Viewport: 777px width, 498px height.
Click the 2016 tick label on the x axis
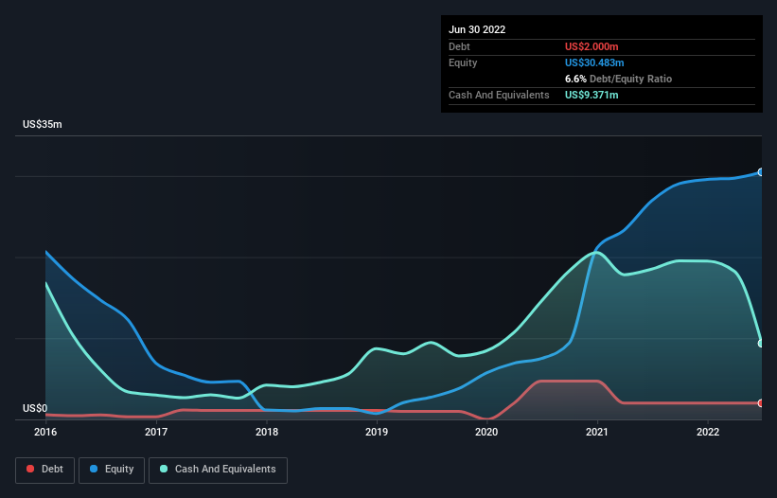tap(45, 432)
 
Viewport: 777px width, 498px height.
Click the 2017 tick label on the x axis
tap(156, 432)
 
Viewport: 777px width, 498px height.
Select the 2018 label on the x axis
tap(267, 432)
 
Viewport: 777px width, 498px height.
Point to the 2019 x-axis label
tap(377, 432)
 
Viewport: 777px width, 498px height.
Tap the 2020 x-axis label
tap(486, 432)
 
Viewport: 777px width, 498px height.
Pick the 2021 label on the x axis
tap(597, 432)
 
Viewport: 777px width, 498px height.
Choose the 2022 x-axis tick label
tap(708, 432)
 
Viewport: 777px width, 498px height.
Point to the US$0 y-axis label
tap(35, 409)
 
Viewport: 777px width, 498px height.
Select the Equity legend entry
tap(112, 470)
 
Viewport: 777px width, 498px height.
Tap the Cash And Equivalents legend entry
tap(218, 470)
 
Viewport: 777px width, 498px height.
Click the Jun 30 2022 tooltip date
tap(477, 29)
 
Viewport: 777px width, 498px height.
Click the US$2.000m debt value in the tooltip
tap(592, 46)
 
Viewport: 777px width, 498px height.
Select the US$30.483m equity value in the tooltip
tap(594, 62)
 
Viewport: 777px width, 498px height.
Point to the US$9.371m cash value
tap(592, 96)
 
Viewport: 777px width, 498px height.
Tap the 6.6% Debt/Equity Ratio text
tap(618, 79)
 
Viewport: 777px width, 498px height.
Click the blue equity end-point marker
tap(760, 172)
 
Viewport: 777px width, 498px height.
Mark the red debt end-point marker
tap(760, 403)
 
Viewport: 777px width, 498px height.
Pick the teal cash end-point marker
tap(760, 343)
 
